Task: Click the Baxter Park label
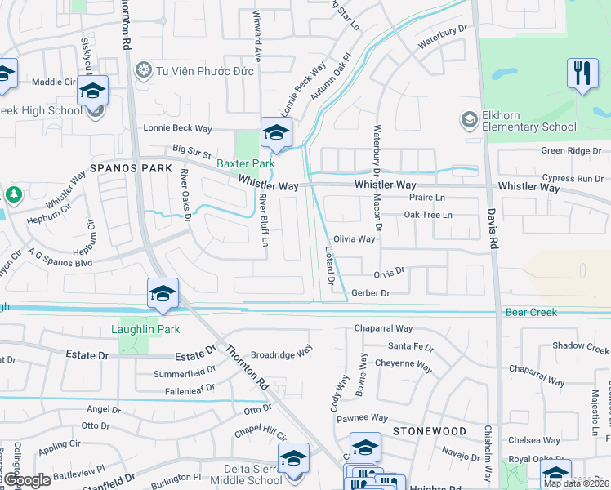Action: coord(245,163)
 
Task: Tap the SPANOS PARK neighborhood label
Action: coord(131,168)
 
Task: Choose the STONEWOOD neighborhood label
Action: coord(422,430)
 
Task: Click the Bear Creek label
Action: coord(531,313)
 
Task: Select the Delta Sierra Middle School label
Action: coord(230,474)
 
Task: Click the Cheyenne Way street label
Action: coord(403,365)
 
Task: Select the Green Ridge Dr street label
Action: coord(572,151)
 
